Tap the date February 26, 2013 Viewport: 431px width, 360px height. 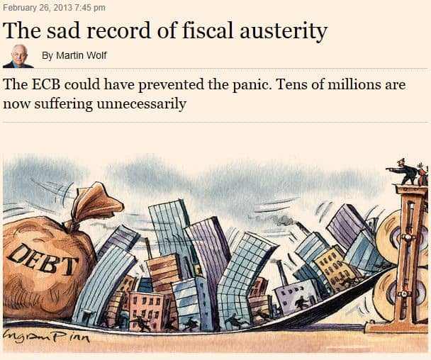click(35, 8)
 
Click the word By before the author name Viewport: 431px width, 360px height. click(47, 55)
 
